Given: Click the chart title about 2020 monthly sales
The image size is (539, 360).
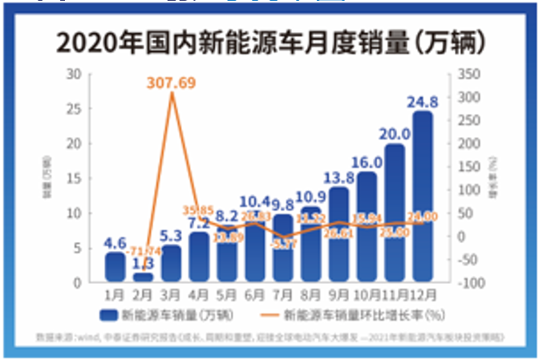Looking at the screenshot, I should coord(269,41).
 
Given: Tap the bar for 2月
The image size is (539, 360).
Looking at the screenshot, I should coord(143,277).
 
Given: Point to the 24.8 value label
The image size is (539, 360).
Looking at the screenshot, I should coord(422,102).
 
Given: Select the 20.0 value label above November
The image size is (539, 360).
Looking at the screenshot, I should coord(394,134).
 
